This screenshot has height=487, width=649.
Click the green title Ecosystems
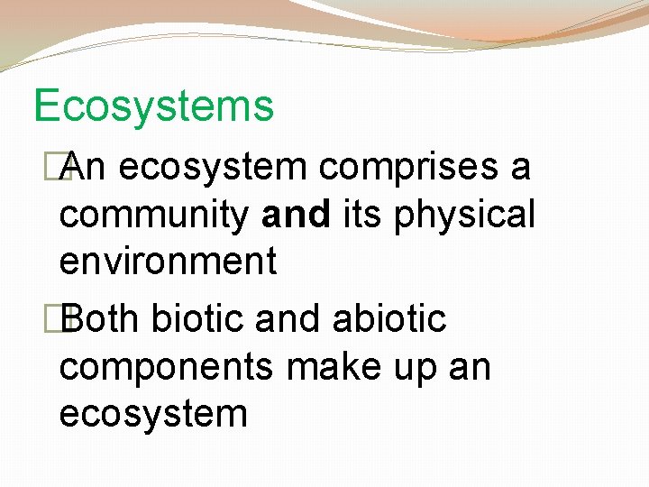(153, 106)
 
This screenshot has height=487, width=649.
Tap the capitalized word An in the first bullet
(85, 167)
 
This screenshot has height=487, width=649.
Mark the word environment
(168, 262)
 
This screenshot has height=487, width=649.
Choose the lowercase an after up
(471, 368)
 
